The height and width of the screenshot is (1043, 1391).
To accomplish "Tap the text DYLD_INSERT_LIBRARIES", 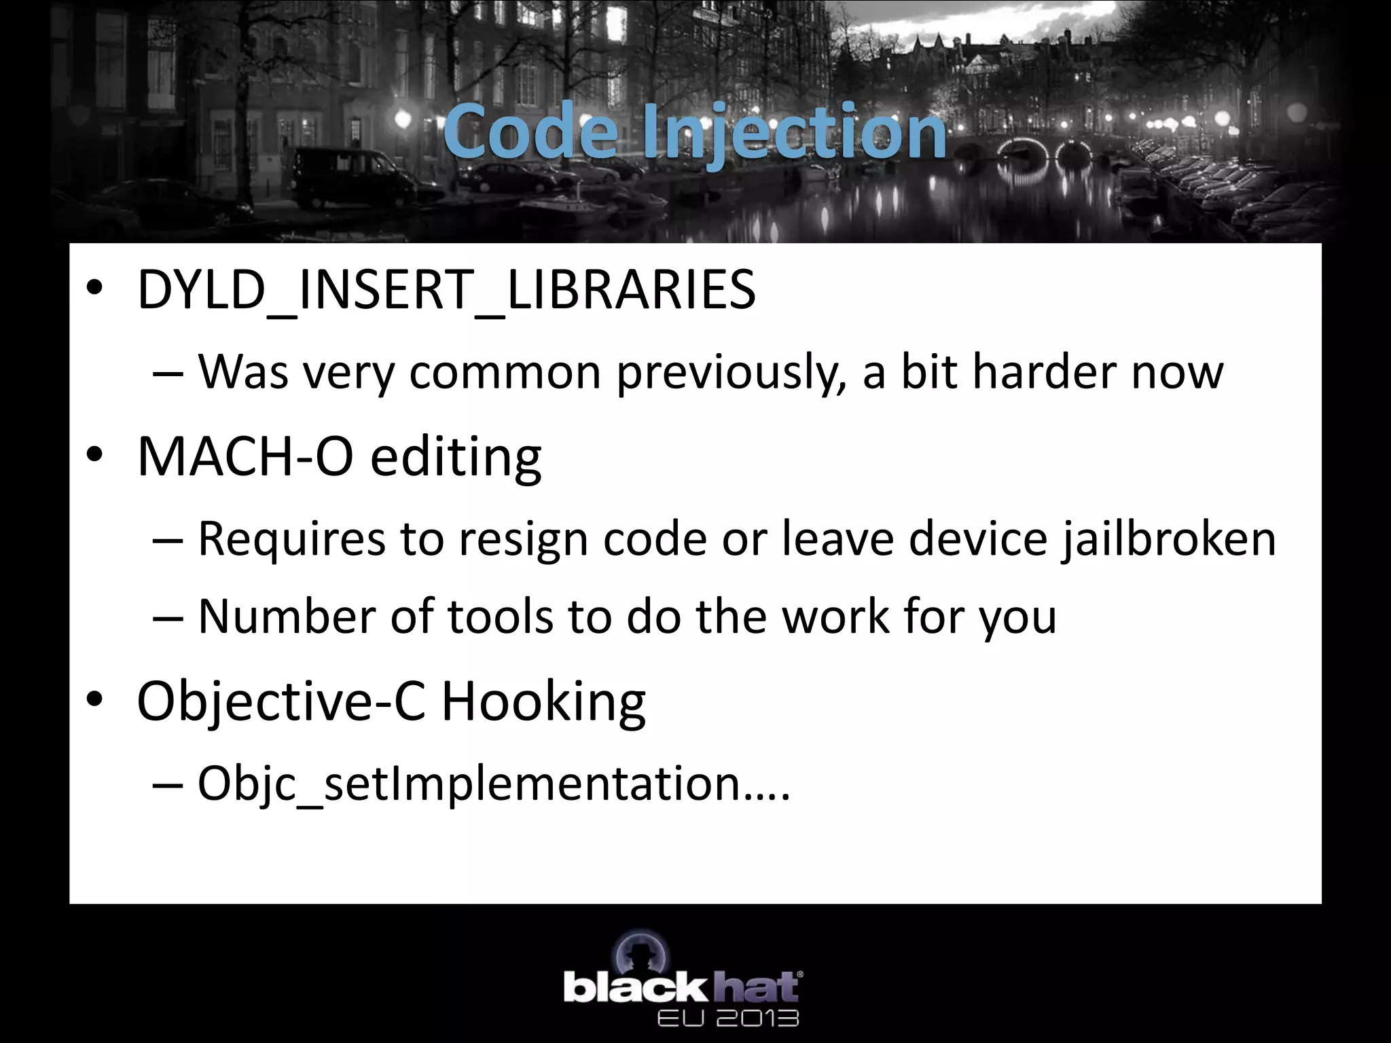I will pos(446,291).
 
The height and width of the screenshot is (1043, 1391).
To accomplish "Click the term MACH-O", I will pos(245,456).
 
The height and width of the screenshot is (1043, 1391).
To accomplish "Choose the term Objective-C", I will pos(281,702).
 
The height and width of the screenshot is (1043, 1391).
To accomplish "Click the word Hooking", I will pos(543,702).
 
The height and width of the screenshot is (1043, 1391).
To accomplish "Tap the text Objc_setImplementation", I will pos(469,784).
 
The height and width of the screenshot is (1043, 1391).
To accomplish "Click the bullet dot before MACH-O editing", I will pos(94,455).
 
